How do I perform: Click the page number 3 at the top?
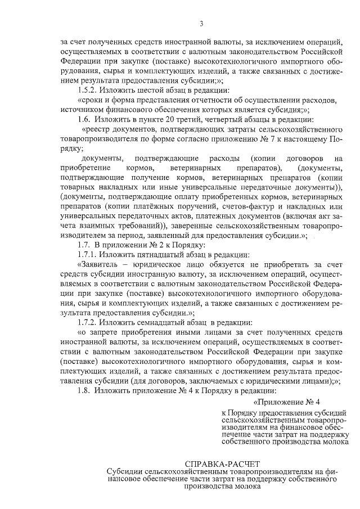pyautogui.click(x=201, y=23)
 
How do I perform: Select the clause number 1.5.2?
pyautogui.click(x=89, y=89)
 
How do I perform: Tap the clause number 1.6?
pyautogui.click(x=84, y=119)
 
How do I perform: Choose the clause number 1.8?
pyautogui.click(x=84, y=392)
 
